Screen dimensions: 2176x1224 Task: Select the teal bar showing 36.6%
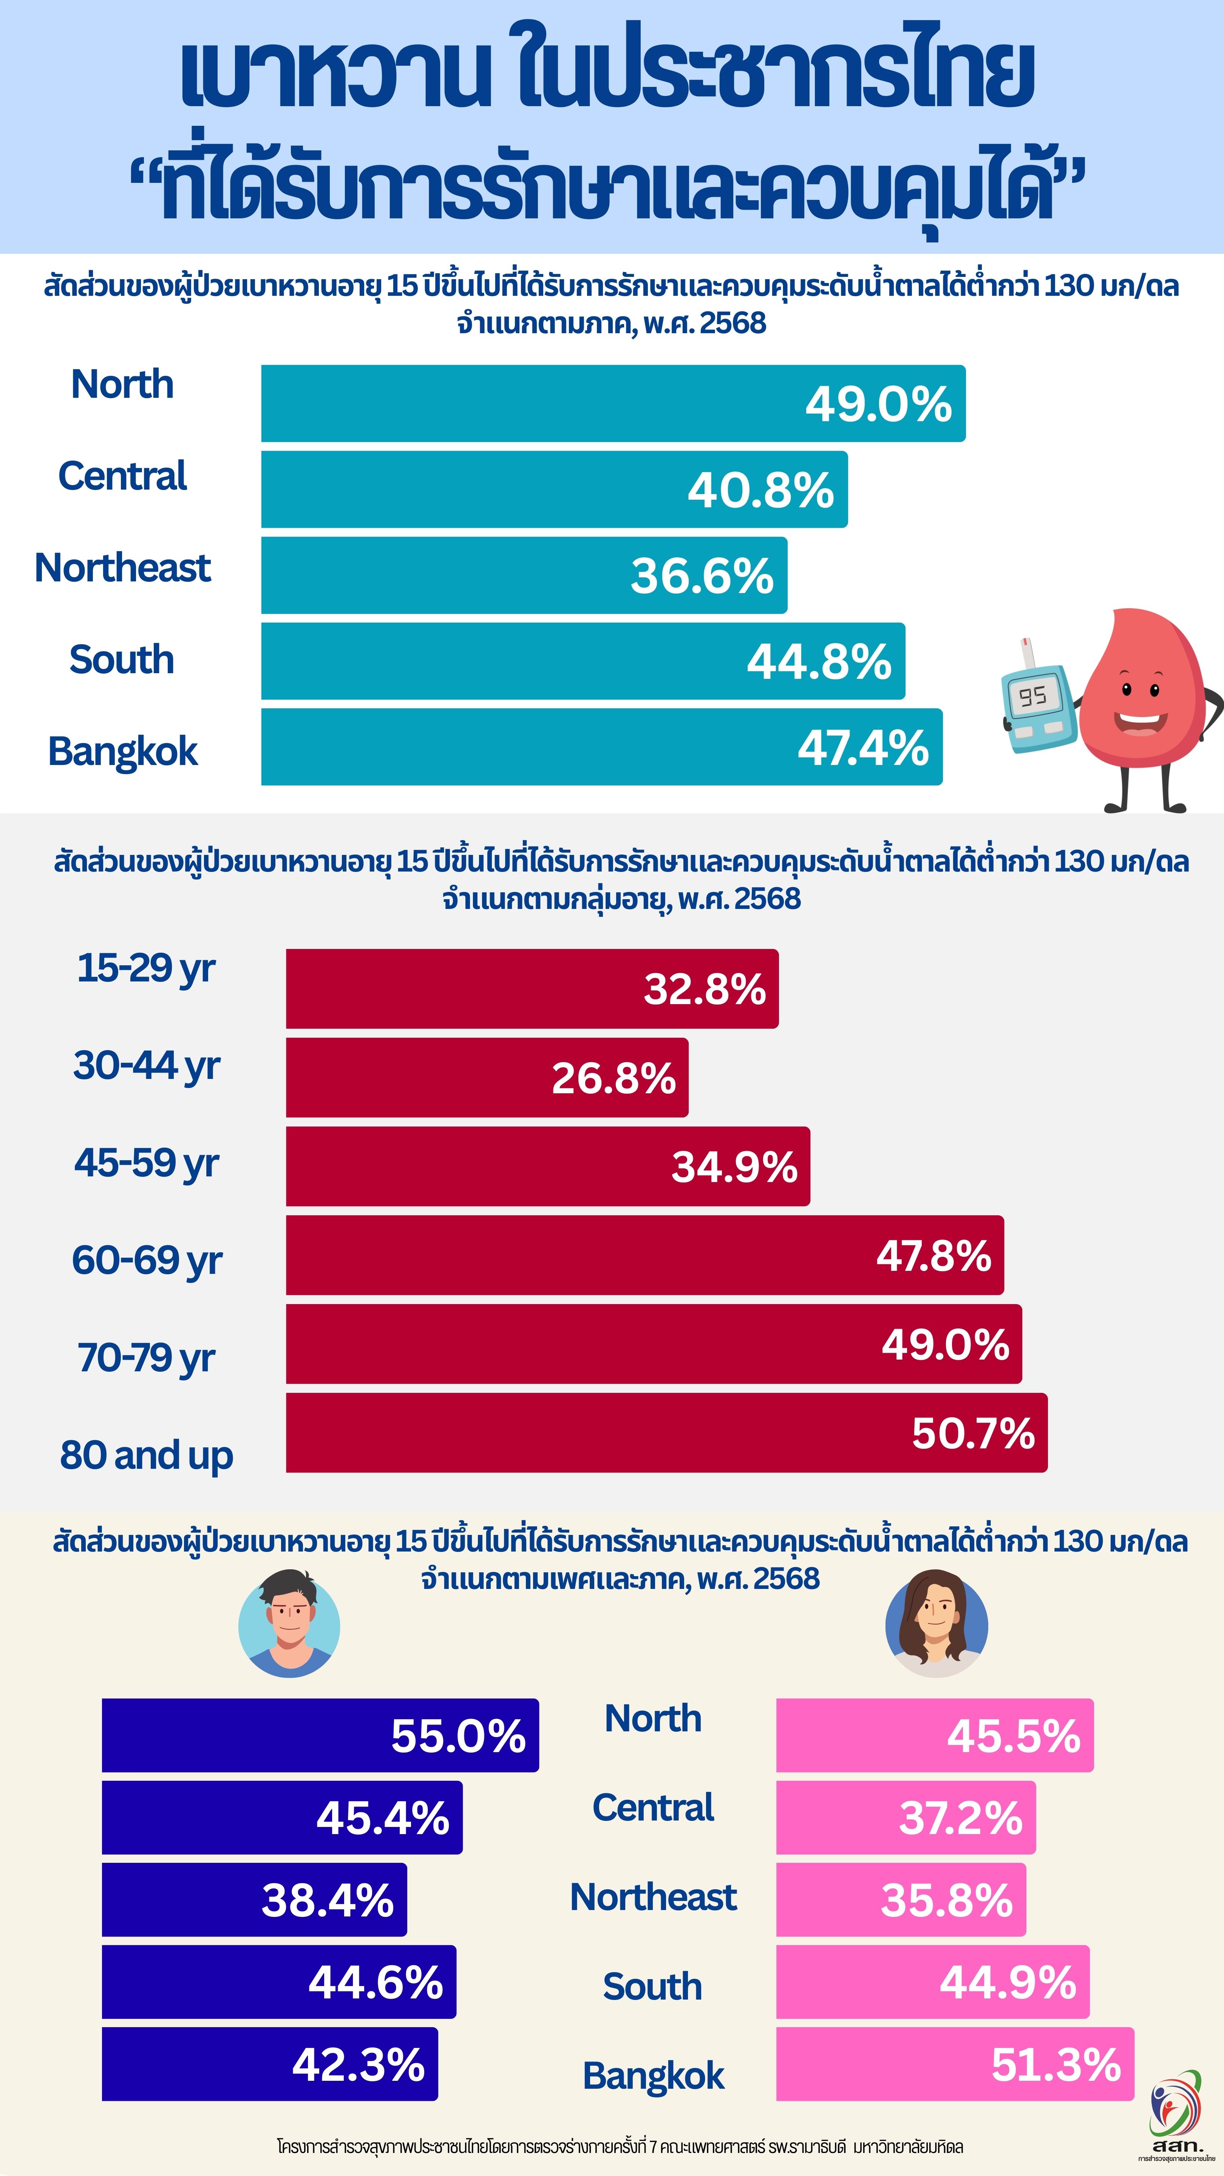coord(524,575)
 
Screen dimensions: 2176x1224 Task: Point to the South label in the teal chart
coord(122,660)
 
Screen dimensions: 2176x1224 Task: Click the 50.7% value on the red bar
coord(973,1434)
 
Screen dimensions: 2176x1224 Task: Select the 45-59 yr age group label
coord(146,1163)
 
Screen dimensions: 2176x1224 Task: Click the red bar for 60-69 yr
coord(644,1255)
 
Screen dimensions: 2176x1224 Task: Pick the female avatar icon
coord(936,1624)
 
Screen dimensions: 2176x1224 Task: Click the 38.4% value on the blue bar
coord(328,1900)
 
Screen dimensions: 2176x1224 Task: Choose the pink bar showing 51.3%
coord(955,2065)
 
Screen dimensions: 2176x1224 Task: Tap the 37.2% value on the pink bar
coord(960,1818)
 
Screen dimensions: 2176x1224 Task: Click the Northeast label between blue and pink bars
coord(653,1897)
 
